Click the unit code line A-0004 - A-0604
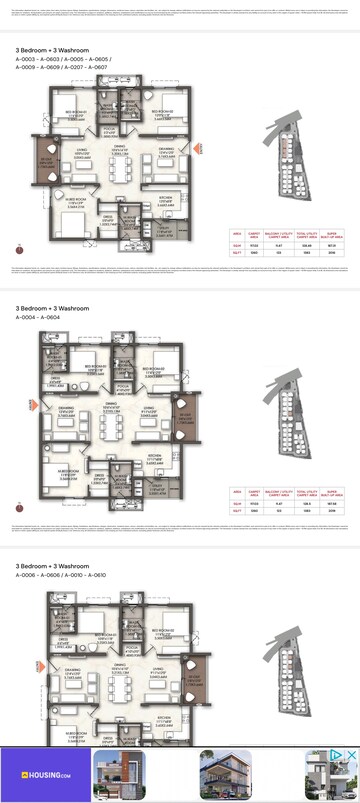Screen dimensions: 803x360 point(39,318)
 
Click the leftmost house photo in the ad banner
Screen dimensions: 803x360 point(120,775)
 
